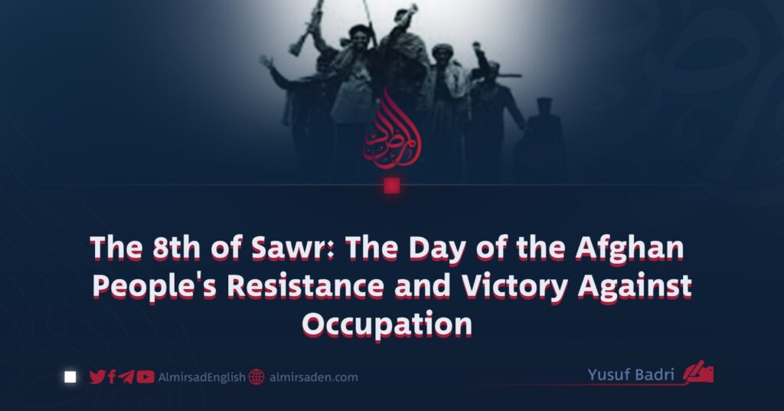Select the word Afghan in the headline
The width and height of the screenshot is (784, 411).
[629, 248]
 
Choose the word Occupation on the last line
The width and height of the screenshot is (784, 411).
[387, 325]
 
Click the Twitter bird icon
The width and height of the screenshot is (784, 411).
[97, 377]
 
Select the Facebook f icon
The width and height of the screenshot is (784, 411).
[112, 377]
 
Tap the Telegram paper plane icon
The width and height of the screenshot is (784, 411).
[126, 377]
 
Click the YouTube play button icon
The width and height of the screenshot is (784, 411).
[145, 377]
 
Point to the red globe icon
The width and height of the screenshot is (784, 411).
[256, 377]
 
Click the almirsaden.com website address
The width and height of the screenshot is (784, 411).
[313, 377]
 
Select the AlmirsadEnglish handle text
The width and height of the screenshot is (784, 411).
[202, 377]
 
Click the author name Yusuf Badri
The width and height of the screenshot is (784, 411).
[631, 374]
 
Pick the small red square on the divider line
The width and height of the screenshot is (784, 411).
[392, 186]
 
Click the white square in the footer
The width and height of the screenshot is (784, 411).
[70, 377]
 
